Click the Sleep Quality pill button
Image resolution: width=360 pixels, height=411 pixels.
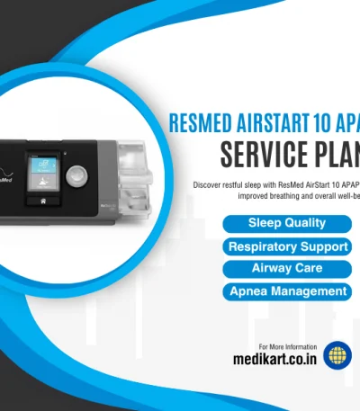click(287, 223)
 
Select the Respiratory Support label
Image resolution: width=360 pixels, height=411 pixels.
click(287, 246)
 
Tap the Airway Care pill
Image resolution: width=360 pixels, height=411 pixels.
click(287, 269)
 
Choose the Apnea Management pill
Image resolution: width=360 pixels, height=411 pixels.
click(287, 291)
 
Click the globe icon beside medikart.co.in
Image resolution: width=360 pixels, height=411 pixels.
click(337, 356)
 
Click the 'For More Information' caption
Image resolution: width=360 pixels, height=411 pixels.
click(287, 346)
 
